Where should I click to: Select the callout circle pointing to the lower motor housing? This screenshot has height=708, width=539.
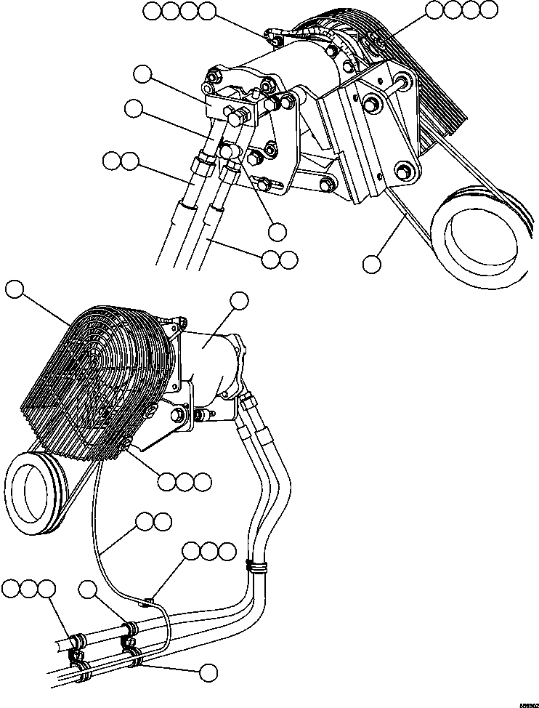240,300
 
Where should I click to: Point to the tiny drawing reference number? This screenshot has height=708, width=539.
525,703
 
